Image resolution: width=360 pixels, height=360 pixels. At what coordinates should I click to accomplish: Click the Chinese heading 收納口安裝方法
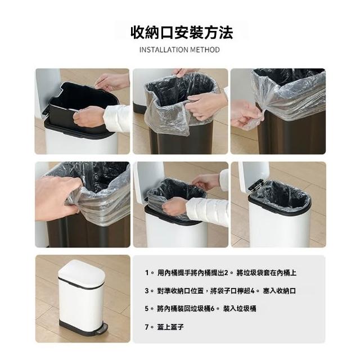point(182,33)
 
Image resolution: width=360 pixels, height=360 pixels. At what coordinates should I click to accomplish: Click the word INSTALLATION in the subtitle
point(164,49)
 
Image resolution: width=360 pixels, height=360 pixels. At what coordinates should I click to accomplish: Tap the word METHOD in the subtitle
point(205,49)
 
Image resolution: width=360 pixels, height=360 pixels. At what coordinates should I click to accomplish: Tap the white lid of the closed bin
point(81,274)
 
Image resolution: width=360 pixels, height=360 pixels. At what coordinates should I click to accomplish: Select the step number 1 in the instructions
point(147,273)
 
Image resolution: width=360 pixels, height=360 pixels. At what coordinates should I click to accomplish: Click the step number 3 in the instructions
point(147,291)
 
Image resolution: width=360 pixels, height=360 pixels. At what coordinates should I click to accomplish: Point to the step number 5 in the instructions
point(147,309)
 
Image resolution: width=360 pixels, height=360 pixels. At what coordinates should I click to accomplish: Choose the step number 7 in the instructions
point(147,327)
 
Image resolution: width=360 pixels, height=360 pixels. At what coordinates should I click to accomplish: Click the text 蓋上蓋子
point(170,327)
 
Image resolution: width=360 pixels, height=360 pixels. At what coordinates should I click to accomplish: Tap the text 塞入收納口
point(280,291)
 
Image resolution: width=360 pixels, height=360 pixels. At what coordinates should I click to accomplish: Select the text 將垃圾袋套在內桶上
point(266,273)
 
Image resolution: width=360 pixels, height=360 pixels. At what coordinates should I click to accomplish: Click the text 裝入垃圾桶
point(240,309)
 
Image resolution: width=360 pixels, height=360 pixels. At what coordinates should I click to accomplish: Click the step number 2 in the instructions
point(226,273)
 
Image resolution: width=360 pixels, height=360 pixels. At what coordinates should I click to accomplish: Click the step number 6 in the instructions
point(213,309)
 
